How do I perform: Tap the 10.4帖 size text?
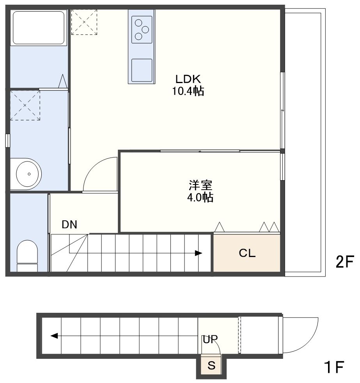pyautogui.click(x=188, y=91)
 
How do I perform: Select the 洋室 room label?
pyautogui.click(x=200, y=185)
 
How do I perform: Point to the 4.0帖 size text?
pyautogui.click(x=200, y=197)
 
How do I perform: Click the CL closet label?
pyautogui.click(x=247, y=253)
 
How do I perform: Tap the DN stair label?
pyautogui.click(x=69, y=225)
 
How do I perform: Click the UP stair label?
pyautogui.click(x=210, y=339)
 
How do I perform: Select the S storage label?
pyautogui.click(x=211, y=365)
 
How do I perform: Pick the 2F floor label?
pyautogui.click(x=345, y=262)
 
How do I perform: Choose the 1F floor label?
pyautogui.click(x=334, y=367)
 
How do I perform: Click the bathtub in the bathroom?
pyautogui.click(x=39, y=28)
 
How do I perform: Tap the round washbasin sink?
pyautogui.click(x=29, y=174)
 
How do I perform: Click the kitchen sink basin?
pyautogui.click(x=142, y=70)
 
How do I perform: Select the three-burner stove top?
pyautogui.click(x=142, y=30)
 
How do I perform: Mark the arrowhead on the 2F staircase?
pyautogui.click(x=198, y=253)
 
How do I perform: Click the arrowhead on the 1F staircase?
pyautogui.click(x=54, y=336)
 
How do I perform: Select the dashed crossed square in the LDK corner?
pyautogui.click(x=84, y=22)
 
